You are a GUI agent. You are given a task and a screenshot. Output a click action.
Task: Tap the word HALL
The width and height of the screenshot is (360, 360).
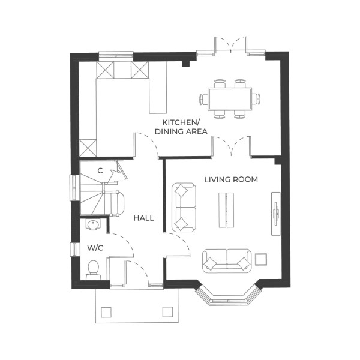click(144, 218)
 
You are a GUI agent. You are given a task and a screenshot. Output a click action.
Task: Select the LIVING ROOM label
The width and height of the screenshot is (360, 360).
click(231, 179)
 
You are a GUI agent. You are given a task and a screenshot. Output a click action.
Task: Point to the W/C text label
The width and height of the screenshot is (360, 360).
click(95, 247)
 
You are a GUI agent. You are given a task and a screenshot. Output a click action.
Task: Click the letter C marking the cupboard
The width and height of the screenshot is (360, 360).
click(100, 171)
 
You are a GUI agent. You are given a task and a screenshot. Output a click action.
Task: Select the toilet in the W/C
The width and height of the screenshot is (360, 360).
click(93, 269)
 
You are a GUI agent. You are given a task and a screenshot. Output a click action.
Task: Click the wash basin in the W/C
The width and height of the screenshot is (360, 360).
click(93, 226)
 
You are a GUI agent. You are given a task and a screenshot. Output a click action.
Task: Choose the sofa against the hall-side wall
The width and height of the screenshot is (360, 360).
click(184, 208)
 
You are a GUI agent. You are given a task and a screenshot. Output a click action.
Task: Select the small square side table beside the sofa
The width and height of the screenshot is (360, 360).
click(260, 259)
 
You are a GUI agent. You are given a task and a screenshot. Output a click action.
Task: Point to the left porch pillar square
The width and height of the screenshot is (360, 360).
click(107, 311)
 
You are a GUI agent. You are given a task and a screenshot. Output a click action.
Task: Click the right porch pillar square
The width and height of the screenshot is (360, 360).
click(167, 311)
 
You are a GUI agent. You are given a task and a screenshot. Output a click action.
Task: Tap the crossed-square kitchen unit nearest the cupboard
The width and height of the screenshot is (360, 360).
click(88, 148)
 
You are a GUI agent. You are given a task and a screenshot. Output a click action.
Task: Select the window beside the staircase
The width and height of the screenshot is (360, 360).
click(73, 187)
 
